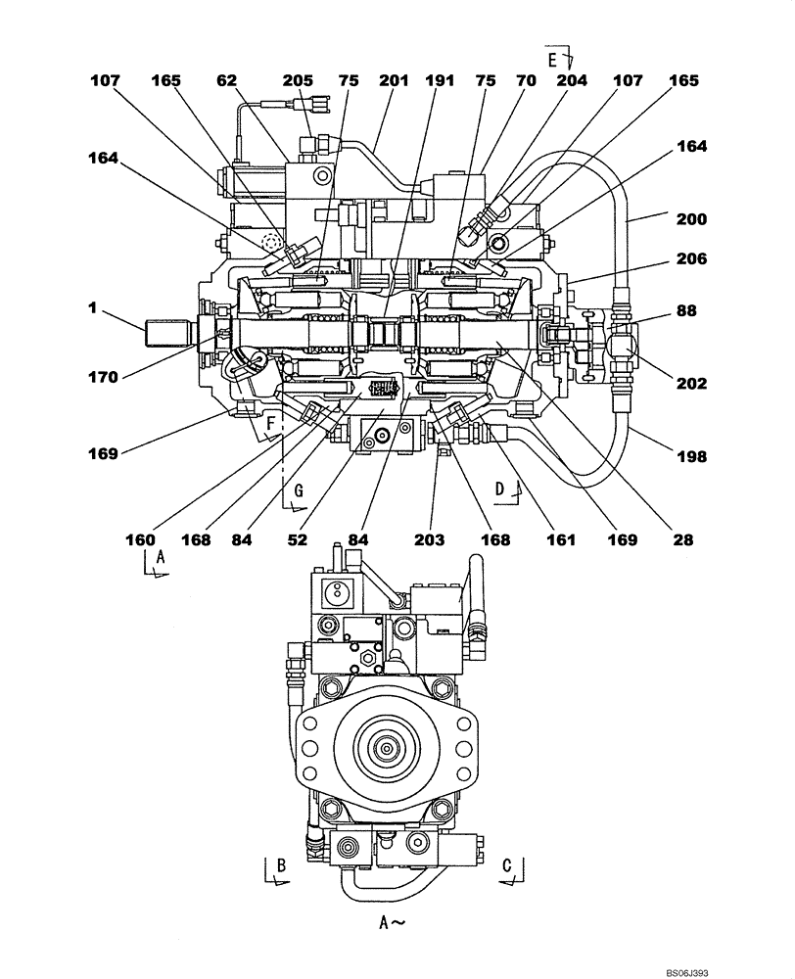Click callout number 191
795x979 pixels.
coord(441,81)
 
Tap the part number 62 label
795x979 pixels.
coord(226,81)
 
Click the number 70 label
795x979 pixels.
coord(527,81)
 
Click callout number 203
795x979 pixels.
coord(430,539)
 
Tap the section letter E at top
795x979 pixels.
coord(552,61)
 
